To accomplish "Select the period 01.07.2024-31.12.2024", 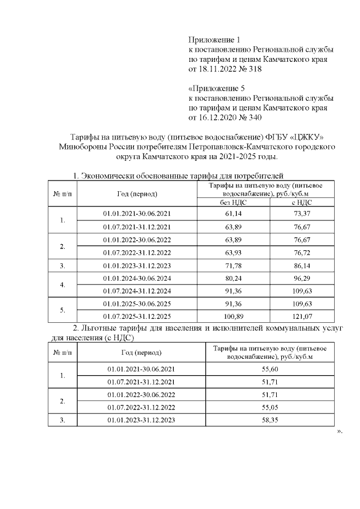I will click(x=137, y=291).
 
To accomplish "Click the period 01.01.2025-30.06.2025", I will click(x=137, y=304).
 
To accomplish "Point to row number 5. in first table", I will click(x=62, y=310).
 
